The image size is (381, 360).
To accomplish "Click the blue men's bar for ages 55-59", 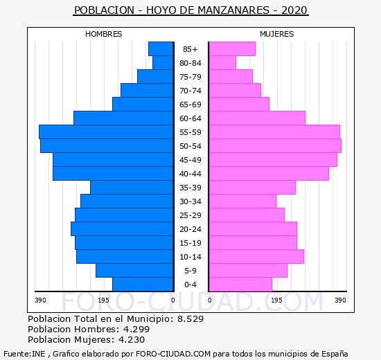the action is coord(106,132).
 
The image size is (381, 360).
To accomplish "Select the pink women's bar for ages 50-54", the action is coord(275,146).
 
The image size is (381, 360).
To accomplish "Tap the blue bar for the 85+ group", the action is coord(161,49).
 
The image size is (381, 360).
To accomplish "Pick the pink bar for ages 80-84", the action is coord(222,63).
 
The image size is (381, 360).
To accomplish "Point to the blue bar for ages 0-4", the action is coord(143,285).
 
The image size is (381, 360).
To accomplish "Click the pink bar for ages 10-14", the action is coord(256,257).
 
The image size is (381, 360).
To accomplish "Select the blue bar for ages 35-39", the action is coord(132,188).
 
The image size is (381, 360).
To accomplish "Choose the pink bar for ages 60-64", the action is coord(257,118).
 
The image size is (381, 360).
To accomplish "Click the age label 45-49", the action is coord(190,160).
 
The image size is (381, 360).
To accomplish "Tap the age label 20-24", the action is coord(190,229).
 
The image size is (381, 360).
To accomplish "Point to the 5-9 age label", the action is coord(190,271).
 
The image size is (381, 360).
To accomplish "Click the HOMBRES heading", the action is coord(103,34).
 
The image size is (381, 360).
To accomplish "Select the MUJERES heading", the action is coord(277,34).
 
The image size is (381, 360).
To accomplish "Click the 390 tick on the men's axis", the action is coord(40,300).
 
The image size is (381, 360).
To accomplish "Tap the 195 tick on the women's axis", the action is coord(277,300).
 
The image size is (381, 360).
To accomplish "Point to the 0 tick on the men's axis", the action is coord(173,300).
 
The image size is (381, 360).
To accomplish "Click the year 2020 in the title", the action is coord(294,10).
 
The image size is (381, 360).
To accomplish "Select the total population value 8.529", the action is coord(190,319).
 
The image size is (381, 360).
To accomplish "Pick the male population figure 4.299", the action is coord(136,330).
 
